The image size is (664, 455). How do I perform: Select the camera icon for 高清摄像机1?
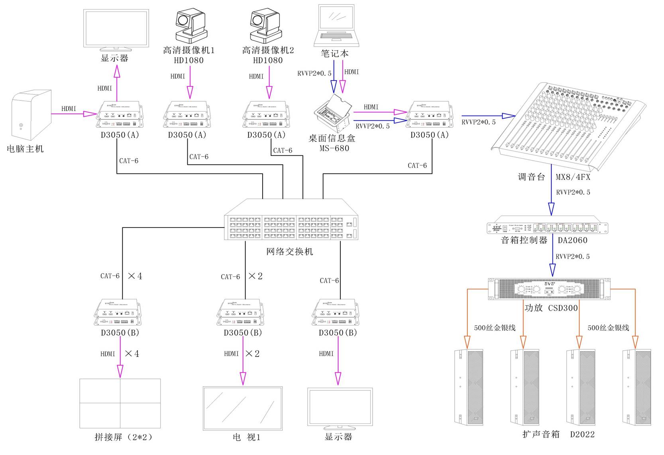tap(191, 26)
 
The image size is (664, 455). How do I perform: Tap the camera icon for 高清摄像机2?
tap(265, 26)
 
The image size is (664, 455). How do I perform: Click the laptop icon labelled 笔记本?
tap(336, 26)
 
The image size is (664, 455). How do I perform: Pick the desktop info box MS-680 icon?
tap(333, 114)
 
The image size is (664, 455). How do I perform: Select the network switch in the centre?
tap(291, 221)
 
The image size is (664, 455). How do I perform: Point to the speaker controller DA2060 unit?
tap(547, 227)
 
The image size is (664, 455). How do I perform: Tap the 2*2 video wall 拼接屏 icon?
tap(120, 403)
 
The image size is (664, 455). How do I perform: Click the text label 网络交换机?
tap(290, 252)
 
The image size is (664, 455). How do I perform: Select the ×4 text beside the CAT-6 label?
tap(135, 276)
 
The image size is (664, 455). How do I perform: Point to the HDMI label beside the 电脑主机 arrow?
tap(69, 109)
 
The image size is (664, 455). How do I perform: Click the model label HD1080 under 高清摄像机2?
tap(268, 61)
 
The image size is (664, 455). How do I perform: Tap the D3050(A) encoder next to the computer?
tap(119, 115)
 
